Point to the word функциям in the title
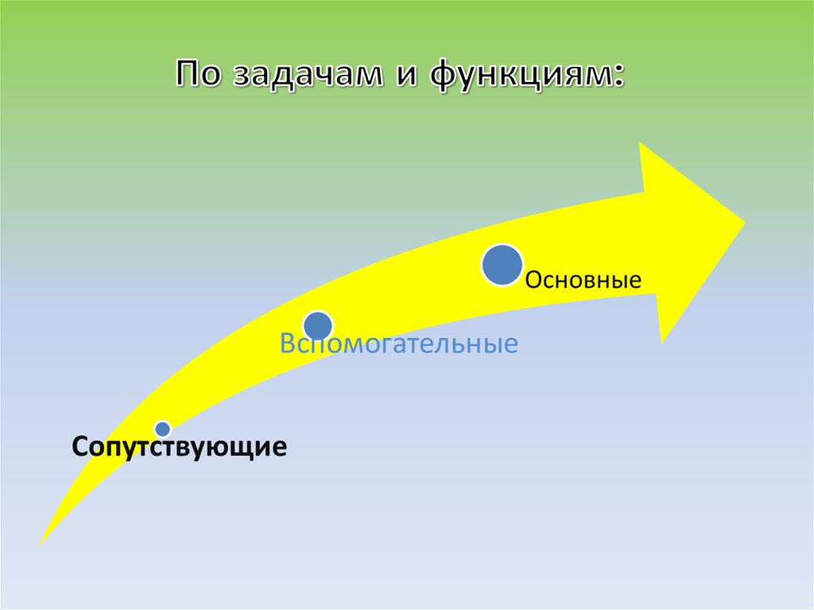tap(521, 76)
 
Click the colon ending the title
tap(618, 78)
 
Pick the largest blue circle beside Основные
tap(502, 266)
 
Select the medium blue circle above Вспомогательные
tap(318, 325)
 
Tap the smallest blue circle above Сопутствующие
tap(162, 429)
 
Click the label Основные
tap(583, 281)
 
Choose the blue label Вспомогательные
tap(398, 345)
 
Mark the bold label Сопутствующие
tap(179, 447)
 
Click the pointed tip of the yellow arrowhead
tap(745, 221)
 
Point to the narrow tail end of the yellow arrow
tap(42, 543)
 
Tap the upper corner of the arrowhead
tap(641, 143)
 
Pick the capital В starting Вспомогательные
tap(285, 345)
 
